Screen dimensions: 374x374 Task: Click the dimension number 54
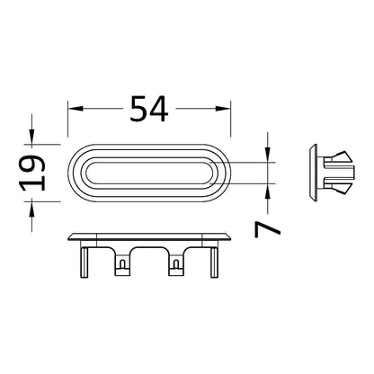149,109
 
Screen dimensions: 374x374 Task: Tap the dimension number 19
32,174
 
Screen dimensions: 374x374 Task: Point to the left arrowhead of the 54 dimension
76,109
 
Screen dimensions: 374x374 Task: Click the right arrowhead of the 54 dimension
223,109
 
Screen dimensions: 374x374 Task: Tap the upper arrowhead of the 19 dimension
31,137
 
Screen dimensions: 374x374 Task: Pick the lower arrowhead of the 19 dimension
31,209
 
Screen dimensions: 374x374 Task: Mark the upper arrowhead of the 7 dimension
268,155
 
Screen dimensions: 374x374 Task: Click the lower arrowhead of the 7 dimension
268,191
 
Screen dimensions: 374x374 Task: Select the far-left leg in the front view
85,263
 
